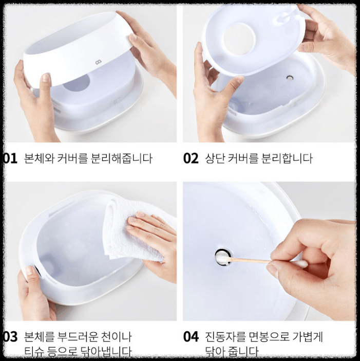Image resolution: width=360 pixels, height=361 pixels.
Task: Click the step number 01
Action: coord(10,158)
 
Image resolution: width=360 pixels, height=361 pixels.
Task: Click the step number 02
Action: coord(191,158)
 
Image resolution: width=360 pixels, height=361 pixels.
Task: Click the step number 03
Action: coord(10,337)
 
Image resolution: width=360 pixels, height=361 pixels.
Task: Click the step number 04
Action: coord(191,337)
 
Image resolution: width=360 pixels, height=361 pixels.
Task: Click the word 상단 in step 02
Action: coord(215,158)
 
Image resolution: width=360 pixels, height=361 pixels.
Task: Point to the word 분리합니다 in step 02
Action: coord(288,158)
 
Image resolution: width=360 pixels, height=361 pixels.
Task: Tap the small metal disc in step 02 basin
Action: coord(290,78)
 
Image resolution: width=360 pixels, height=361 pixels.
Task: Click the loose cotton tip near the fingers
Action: coord(300,264)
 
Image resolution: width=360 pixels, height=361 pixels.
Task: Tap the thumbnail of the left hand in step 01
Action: coord(45,78)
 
